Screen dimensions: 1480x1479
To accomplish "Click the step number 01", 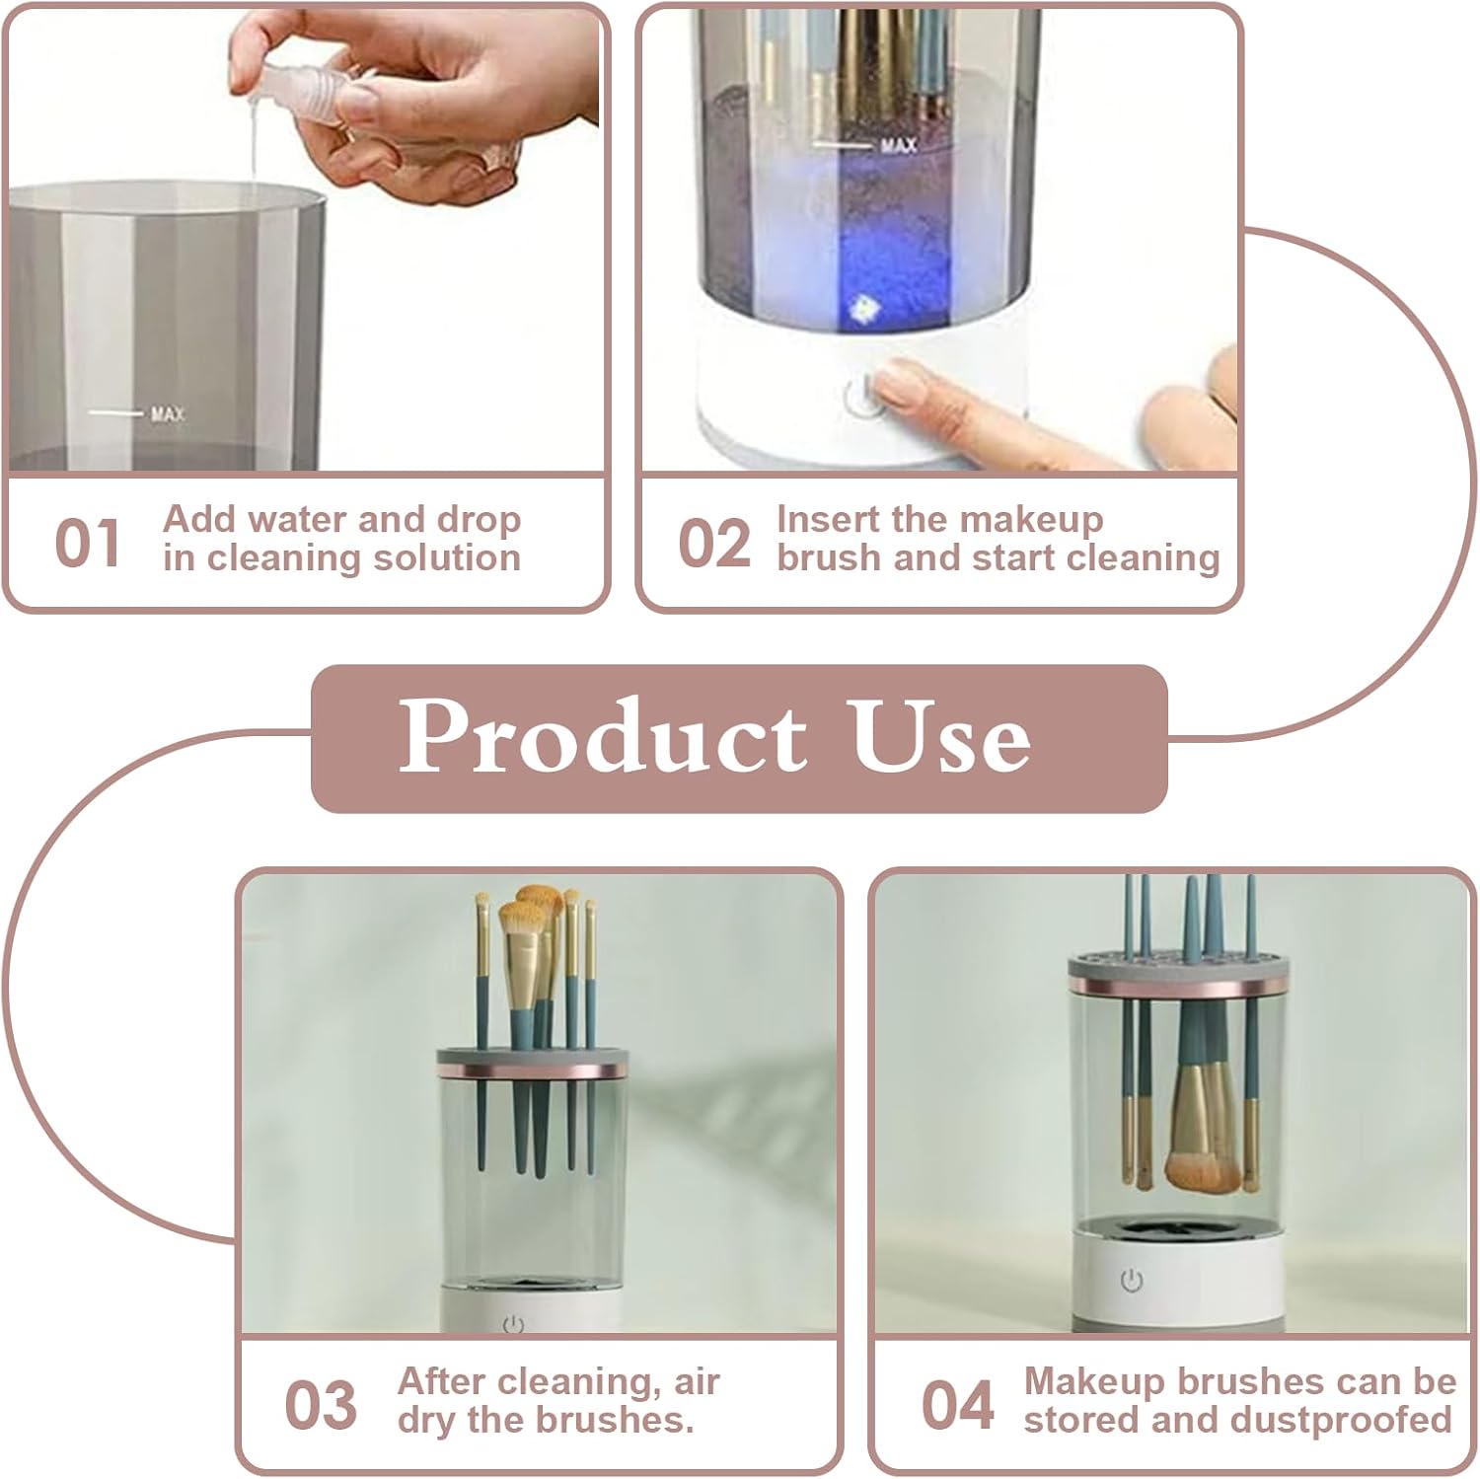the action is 88,544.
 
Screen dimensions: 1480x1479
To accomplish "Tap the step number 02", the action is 713,544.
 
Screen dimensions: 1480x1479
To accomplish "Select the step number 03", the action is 320,1405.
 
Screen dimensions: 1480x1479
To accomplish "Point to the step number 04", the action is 957,1405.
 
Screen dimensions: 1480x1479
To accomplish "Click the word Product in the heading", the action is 602,736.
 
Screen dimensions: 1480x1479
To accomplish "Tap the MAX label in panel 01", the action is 168,413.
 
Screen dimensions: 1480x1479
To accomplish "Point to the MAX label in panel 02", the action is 898,146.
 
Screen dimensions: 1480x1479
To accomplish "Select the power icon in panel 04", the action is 1132,1281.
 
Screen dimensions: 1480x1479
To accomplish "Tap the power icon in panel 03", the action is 513,1324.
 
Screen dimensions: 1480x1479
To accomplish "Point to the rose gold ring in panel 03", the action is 533,1071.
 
